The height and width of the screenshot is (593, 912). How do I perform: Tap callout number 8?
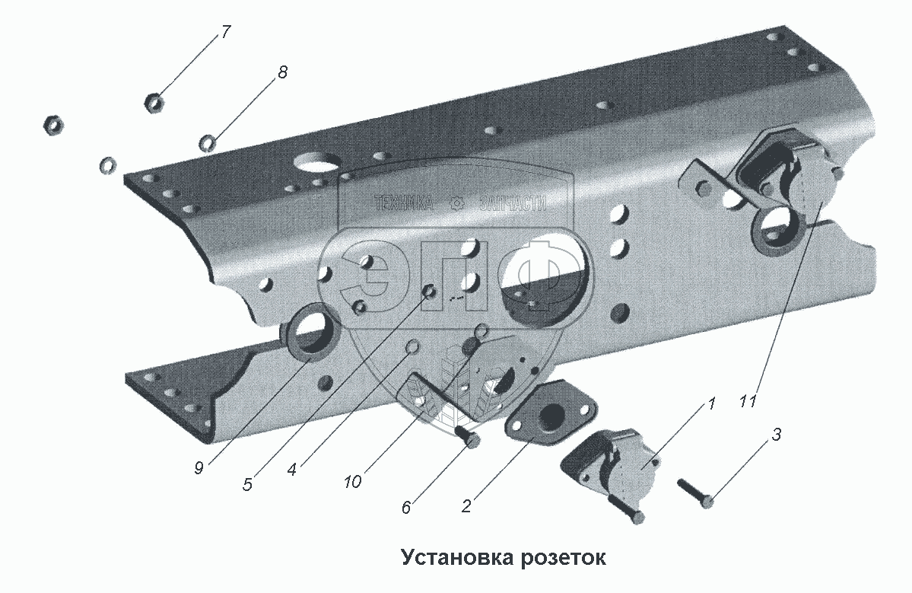[x=282, y=73]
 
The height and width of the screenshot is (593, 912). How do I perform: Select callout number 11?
[x=748, y=401]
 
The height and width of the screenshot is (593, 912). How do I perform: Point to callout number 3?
[x=776, y=435]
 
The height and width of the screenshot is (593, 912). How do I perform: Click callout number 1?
[x=712, y=404]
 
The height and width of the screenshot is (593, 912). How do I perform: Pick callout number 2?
[x=466, y=505]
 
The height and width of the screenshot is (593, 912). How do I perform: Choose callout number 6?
[x=406, y=507]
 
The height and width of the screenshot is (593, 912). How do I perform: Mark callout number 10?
[x=352, y=482]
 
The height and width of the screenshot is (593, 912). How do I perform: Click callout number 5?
[x=247, y=484]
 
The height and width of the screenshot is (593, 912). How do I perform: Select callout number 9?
[x=199, y=469]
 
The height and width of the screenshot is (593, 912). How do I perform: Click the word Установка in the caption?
[x=458, y=557]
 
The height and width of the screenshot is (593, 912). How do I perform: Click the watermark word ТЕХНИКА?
[x=403, y=202]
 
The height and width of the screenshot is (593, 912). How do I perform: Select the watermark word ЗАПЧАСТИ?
[x=512, y=202]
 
